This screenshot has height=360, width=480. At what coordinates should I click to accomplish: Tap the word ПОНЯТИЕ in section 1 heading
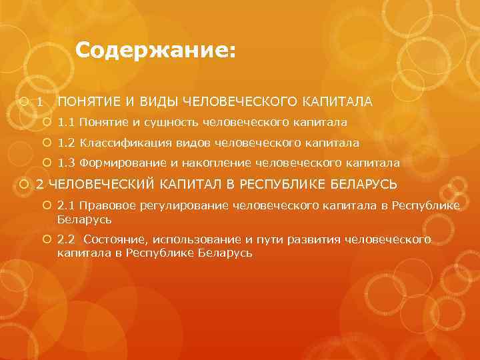coord(87,102)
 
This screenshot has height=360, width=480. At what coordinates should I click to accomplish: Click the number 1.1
coord(66,123)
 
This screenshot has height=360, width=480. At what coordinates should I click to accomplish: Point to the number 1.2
coord(66,143)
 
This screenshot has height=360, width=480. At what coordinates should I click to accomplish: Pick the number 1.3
coord(66,163)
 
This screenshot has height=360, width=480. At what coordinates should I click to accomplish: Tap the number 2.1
coord(66,207)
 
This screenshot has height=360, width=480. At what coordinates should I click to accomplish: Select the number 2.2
coord(66,240)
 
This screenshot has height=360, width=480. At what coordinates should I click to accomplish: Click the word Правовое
coord(106,207)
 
